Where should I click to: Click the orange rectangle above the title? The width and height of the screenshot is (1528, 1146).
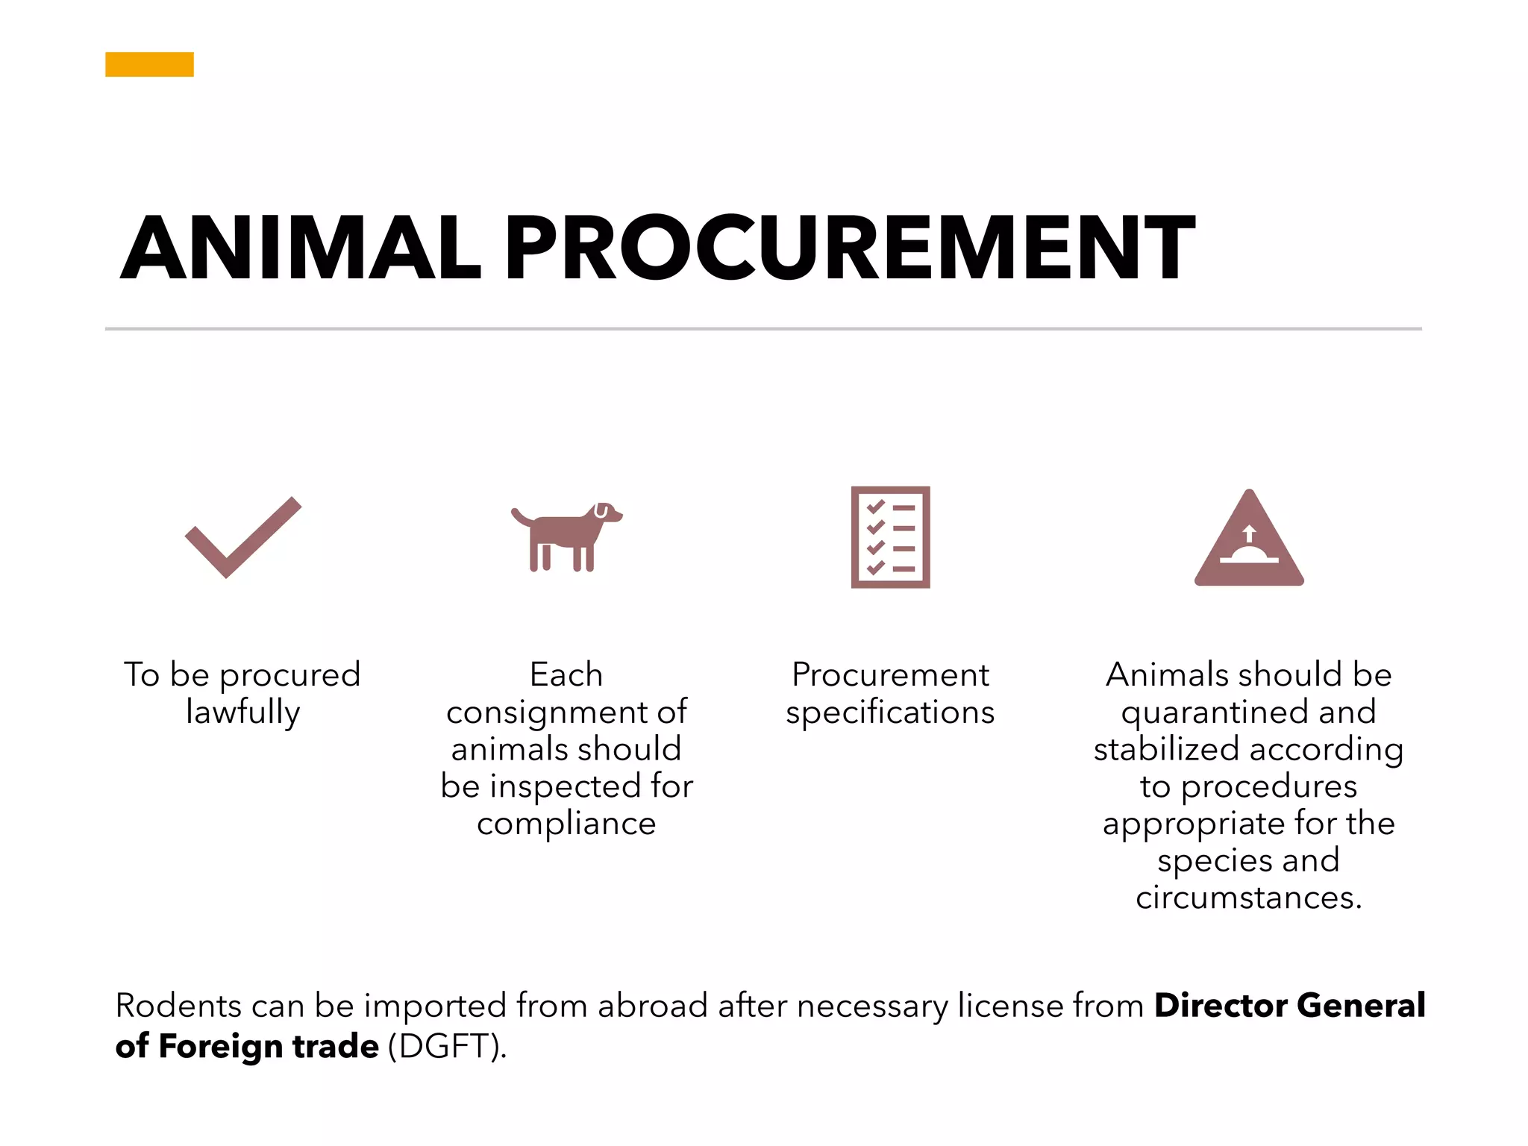[149, 64]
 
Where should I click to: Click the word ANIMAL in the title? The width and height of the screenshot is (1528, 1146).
[301, 248]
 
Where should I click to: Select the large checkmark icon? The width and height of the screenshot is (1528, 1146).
[242, 537]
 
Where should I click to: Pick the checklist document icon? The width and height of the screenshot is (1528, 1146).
[890, 537]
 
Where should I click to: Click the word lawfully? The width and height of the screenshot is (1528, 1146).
[243, 712]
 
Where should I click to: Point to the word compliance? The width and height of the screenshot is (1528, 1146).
[566, 824]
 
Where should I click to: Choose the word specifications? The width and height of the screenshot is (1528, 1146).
[890, 713]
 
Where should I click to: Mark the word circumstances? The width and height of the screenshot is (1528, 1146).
[1248, 898]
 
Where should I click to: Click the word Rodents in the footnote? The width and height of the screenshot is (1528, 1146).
[179, 1006]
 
